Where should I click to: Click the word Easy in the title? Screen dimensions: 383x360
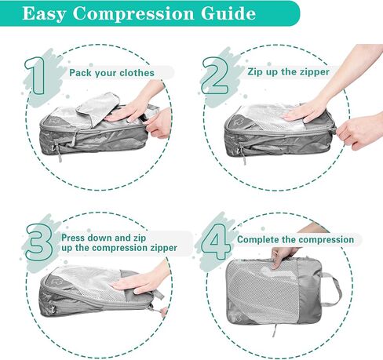click(x=44, y=14)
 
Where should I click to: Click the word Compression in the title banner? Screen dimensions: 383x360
click(x=133, y=13)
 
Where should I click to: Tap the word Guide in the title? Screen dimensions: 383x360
click(x=228, y=13)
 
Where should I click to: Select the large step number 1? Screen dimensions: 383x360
click(x=35, y=75)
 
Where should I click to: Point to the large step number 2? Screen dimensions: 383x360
click(x=214, y=76)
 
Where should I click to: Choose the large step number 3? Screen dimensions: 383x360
click(x=39, y=242)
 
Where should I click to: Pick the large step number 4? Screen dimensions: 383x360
click(x=216, y=242)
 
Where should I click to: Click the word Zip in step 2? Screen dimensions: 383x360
click(x=256, y=72)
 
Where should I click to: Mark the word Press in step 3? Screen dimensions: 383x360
click(x=73, y=238)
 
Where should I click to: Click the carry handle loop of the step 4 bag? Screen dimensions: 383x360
click(x=332, y=289)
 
